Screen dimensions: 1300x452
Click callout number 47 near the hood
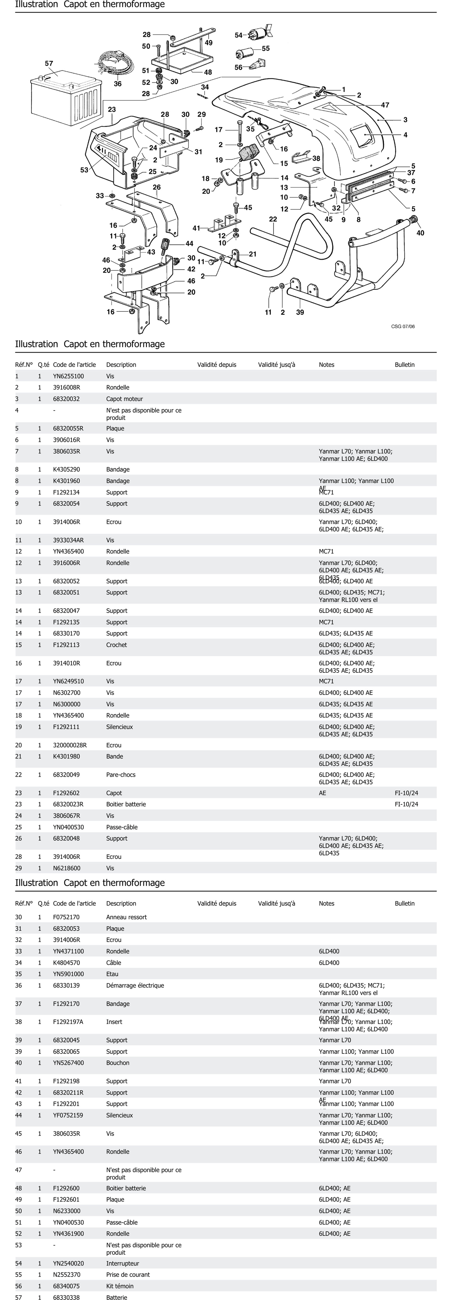[385, 105]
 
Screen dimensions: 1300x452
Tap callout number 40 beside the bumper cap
[420, 233]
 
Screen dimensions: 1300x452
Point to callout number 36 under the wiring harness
[118, 84]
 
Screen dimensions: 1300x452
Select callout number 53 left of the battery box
[84, 170]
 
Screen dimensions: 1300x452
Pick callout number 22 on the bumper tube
[273, 219]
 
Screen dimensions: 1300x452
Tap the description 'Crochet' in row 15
[117, 645]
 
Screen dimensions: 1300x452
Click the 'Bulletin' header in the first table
[405, 364]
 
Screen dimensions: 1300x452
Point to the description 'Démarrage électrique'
[135, 985]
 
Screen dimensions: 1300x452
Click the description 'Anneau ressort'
[126, 917]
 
